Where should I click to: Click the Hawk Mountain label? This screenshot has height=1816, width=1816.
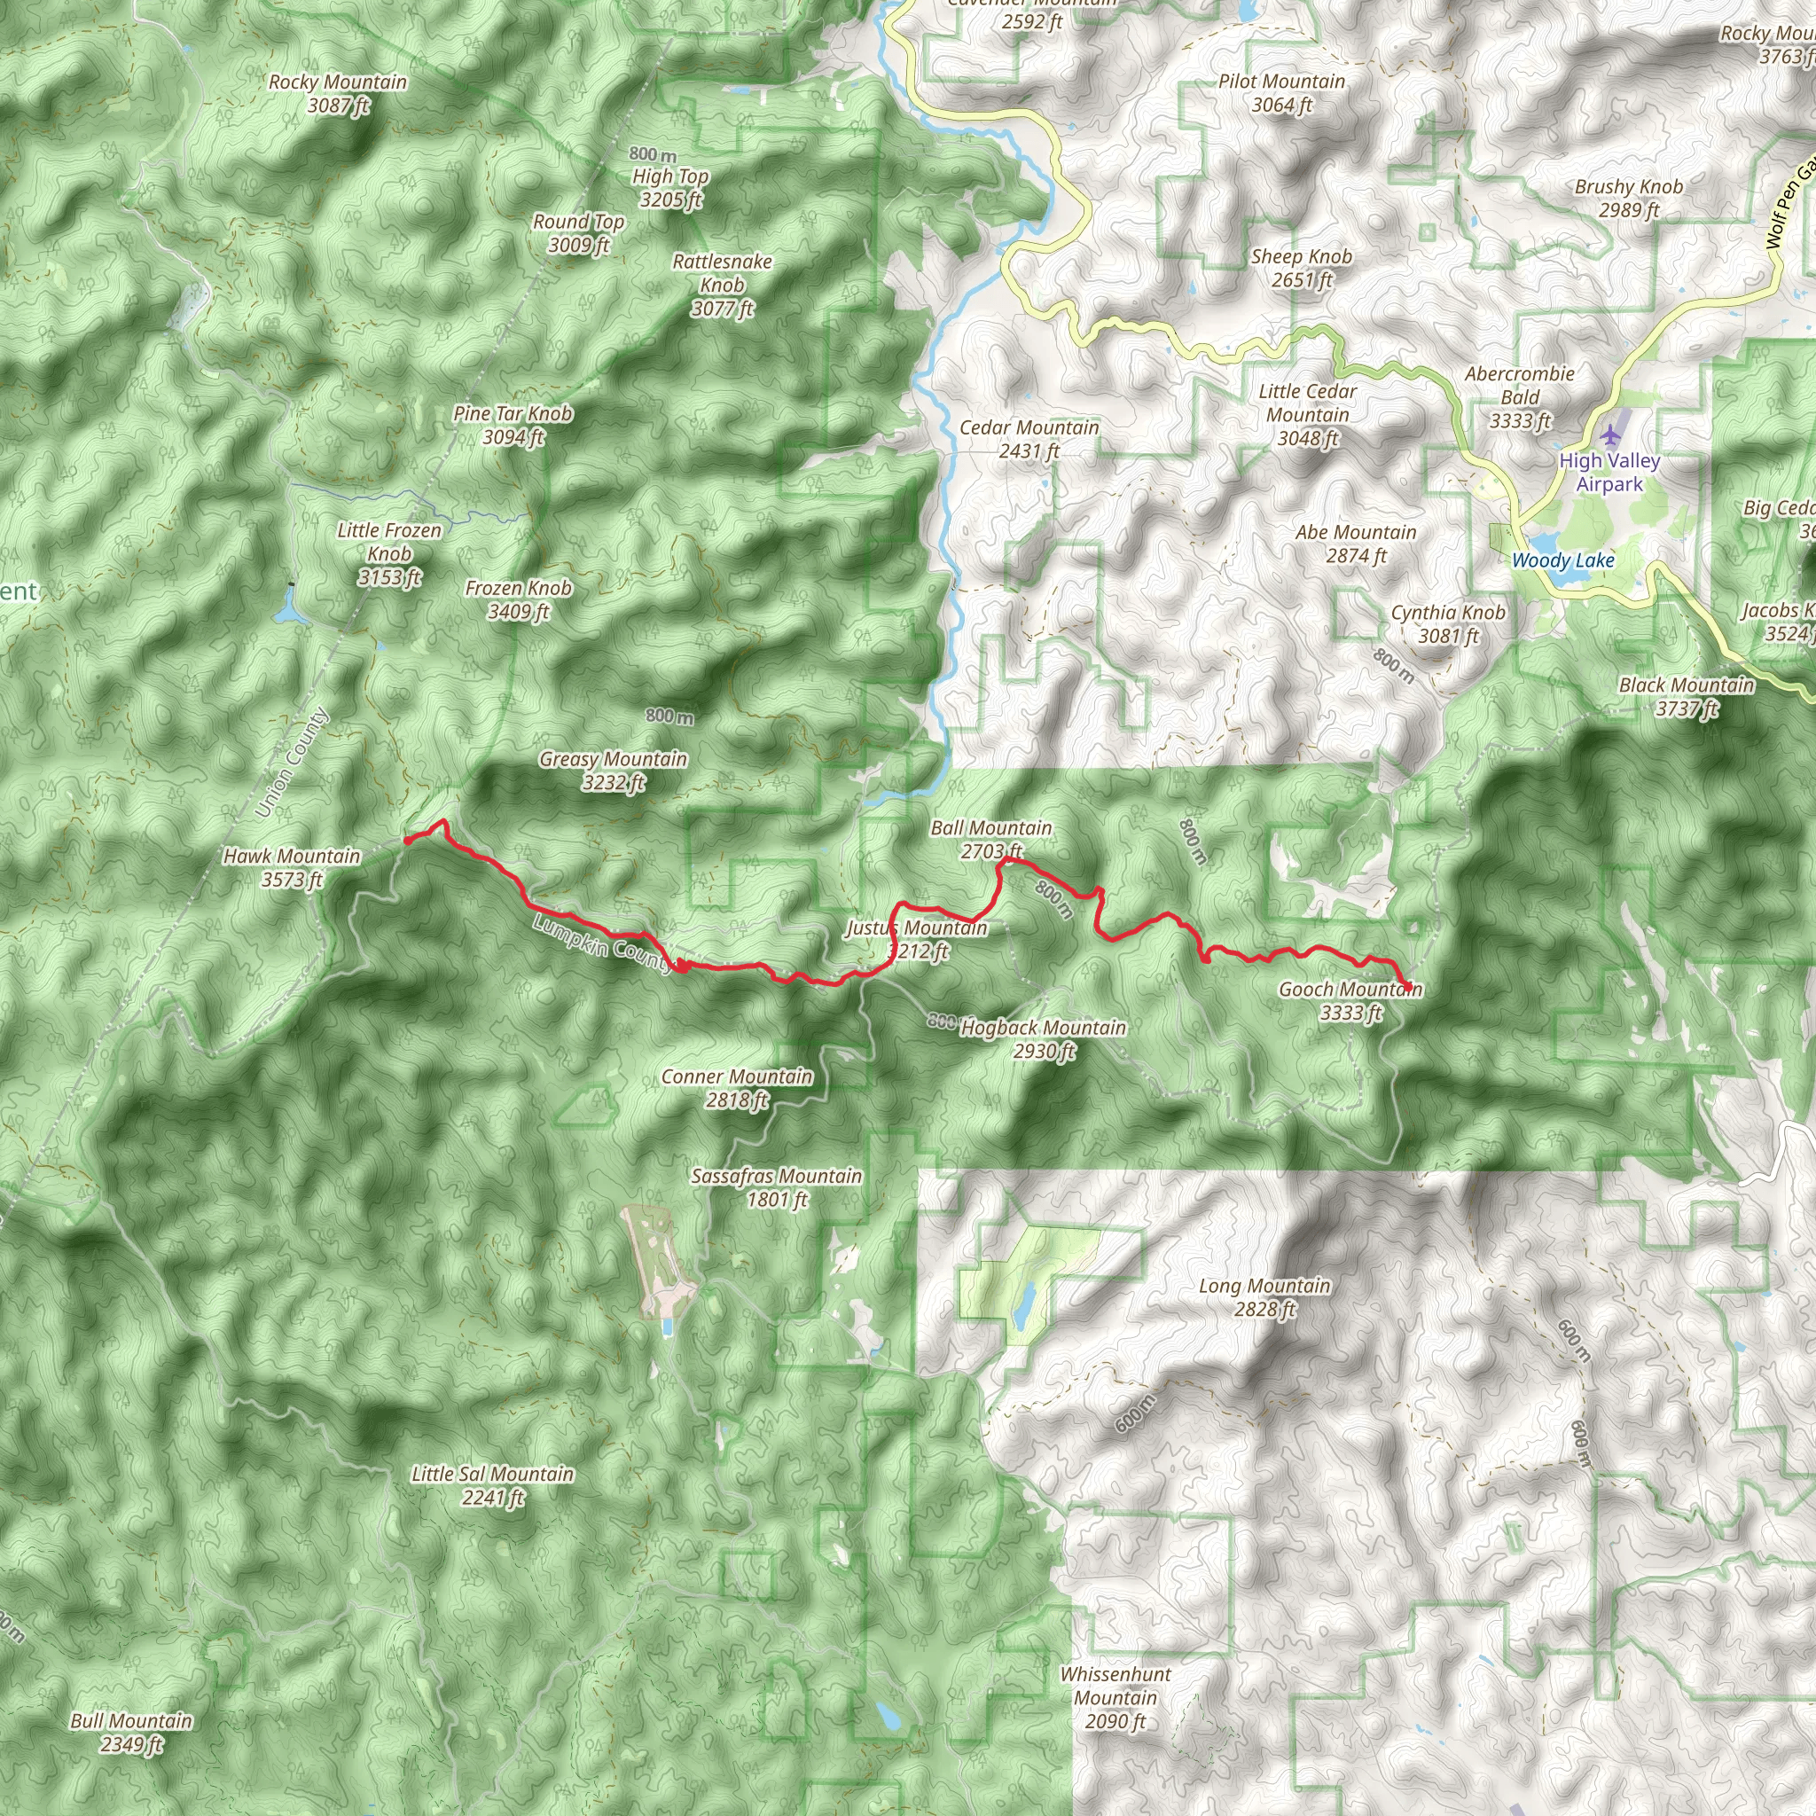pos(292,866)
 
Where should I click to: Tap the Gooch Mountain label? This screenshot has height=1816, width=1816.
pos(1350,1000)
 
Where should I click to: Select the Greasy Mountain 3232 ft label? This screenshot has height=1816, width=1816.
pos(613,770)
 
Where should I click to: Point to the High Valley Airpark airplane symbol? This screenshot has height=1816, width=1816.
pos(1609,435)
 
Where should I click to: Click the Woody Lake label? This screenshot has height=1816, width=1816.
pos(1562,560)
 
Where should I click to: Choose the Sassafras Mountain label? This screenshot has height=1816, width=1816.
pos(777,1187)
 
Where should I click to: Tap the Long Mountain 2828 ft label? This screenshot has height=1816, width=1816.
pos(1264,1297)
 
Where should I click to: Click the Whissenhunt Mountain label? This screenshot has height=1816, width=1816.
pos(1115,1697)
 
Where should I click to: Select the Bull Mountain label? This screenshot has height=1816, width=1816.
pos(131,1733)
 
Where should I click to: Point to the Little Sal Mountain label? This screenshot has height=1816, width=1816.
pos(492,1485)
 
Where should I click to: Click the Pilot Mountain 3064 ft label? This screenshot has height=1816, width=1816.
pos(1281,93)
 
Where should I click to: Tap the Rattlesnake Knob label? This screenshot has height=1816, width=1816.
pos(722,284)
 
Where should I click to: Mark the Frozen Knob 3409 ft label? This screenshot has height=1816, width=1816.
pos(518,599)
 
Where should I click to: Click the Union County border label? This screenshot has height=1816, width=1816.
pos(292,763)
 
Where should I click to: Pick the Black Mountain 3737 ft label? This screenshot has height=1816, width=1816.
pos(1687,696)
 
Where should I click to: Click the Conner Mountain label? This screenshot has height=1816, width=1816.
pos(737,1087)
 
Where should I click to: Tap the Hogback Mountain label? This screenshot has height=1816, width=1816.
pos(1044,1038)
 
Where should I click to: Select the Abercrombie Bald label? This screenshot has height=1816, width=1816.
pos(1519,396)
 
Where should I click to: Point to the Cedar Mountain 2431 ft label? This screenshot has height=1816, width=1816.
pos(1029,438)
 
